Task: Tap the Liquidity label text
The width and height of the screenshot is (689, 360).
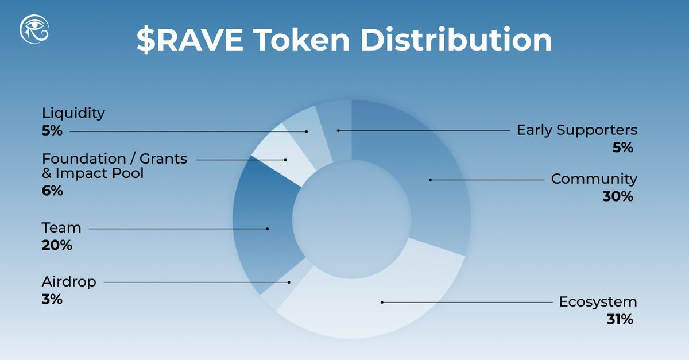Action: [x=73, y=113]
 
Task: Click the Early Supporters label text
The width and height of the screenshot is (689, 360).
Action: [x=576, y=130]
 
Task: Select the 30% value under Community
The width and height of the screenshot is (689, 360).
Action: [x=617, y=196]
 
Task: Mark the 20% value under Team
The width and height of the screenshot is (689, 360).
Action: [x=57, y=245]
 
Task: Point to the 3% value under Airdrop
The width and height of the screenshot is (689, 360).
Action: [x=52, y=299]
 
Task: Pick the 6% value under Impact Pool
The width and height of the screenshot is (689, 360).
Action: [x=52, y=191]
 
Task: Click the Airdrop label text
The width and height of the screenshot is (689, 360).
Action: [x=68, y=282]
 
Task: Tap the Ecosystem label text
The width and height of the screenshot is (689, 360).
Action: [x=598, y=302]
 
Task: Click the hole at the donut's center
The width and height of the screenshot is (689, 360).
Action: [x=351, y=219]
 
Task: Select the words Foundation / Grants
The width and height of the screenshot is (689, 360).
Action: [x=114, y=158]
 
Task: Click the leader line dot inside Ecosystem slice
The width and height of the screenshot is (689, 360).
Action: [x=382, y=301]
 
